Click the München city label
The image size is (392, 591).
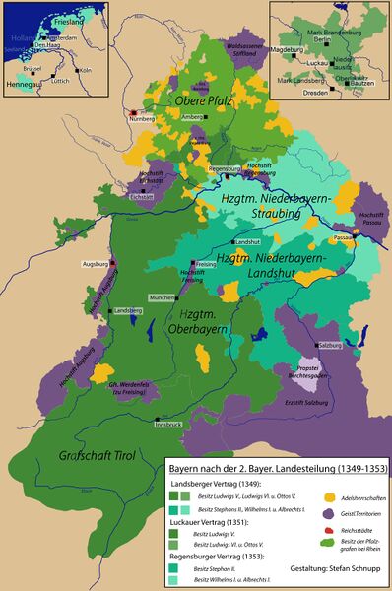coord(163,296)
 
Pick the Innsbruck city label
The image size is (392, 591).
coord(168,424)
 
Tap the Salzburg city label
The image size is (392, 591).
coord(329,347)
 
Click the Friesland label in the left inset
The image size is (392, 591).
coord(59,18)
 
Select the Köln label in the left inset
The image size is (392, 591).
coord(85,71)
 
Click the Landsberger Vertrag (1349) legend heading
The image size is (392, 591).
coord(214,484)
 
